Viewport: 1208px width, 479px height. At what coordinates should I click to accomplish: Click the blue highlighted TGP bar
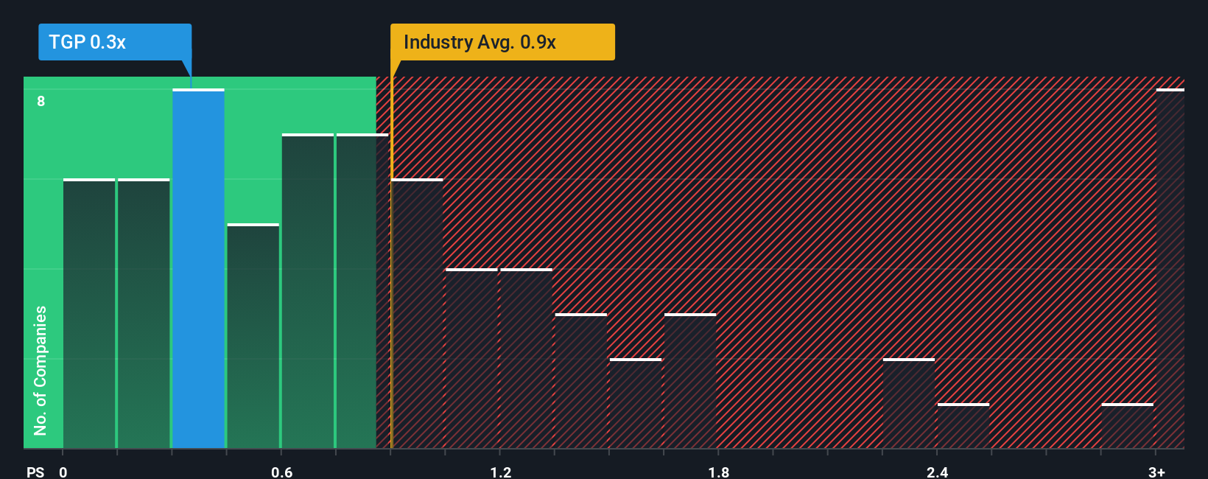pos(198,269)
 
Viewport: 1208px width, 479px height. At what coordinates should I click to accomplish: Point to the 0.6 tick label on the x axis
pos(281,472)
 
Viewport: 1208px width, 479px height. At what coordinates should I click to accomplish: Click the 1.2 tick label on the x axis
pos(500,472)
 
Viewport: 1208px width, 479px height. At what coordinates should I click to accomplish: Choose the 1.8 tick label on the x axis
pos(719,472)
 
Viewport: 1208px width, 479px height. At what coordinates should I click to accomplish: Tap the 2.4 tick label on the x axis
pos(937,472)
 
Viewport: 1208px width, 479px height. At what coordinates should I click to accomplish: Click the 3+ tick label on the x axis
pos(1156,472)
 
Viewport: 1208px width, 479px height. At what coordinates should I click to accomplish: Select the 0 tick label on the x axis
pos(63,472)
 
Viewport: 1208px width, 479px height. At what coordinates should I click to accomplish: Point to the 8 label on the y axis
pos(41,101)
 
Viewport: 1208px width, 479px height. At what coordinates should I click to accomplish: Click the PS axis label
pos(35,472)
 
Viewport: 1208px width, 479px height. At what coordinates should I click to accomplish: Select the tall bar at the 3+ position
pos(1170,269)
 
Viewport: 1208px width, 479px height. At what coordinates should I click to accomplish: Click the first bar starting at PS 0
pos(89,314)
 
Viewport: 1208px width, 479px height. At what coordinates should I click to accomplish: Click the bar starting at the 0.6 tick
pos(307,292)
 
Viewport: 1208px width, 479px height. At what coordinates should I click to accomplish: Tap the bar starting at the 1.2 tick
pos(526,359)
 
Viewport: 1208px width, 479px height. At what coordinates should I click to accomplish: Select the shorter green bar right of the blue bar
pos(253,336)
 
